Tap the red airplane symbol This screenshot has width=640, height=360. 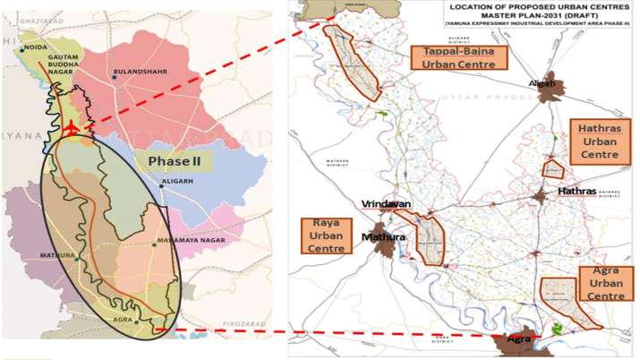(x=72, y=131)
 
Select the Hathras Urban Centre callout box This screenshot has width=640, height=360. (x=598, y=142)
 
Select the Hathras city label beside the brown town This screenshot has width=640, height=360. (x=576, y=192)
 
